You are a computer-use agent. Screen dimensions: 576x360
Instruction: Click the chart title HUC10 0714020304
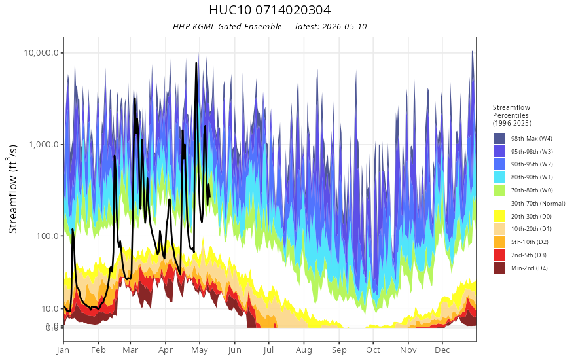[270, 10]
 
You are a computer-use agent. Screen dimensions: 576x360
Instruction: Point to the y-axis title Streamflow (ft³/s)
[13, 189]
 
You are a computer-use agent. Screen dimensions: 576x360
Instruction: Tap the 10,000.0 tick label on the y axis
[41, 53]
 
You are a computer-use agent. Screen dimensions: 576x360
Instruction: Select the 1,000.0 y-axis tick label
[44, 145]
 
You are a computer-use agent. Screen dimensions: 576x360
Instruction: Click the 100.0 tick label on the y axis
[47, 236]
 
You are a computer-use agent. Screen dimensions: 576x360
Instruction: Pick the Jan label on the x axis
[63, 350]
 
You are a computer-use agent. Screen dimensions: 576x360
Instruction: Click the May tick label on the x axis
[200, 350]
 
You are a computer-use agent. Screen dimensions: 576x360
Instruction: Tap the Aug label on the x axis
[304, 350]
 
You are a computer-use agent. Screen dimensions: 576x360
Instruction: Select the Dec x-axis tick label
[442, 350]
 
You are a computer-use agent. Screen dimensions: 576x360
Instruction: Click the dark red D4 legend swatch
[499, 268]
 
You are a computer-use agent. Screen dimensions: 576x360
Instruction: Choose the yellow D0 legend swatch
[499, 216]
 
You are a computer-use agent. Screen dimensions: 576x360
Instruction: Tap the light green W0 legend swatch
[499, 190]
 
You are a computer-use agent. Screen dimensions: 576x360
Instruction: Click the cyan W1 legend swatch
[499, 177]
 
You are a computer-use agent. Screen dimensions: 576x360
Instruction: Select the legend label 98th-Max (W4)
[531, 139]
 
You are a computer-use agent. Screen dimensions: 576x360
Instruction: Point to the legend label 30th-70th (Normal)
[538, 203]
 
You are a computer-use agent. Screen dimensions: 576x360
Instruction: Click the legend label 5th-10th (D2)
[530, 242]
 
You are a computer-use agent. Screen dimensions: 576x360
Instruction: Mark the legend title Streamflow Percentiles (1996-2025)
[512, 115]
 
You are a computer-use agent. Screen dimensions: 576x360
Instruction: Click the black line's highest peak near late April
[196, 63]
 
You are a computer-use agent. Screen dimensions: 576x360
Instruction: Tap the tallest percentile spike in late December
[473, 52]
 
